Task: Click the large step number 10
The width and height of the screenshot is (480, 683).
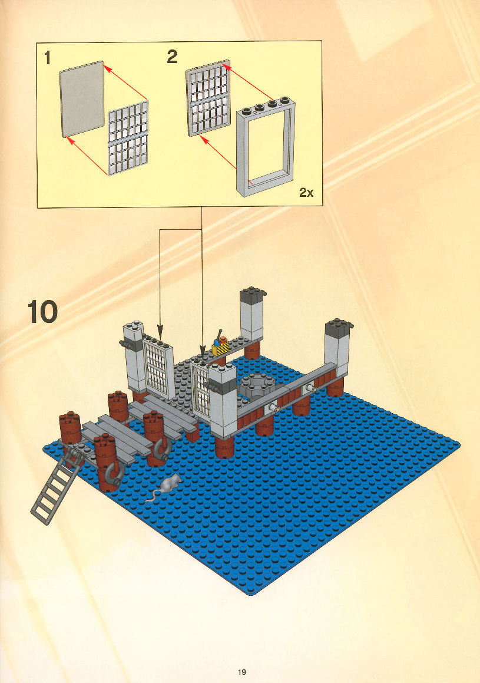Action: click(x=42, y=312)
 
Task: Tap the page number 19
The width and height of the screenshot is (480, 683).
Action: click(x=242, y=672)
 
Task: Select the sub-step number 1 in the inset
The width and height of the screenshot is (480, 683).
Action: click(x=48, y=58)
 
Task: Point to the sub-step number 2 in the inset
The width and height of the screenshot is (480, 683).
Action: click(x=172, y=57)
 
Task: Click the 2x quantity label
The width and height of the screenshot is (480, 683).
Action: click(x=306, y=192)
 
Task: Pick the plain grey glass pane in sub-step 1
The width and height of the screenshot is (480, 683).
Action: click(x=82, y=99)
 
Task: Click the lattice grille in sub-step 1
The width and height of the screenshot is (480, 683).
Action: click(x=128, y=138)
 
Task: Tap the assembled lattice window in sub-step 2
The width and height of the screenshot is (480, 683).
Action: click(x=208, y=98)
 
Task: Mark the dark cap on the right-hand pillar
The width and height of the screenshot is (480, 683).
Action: click(x=338, y=326)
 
